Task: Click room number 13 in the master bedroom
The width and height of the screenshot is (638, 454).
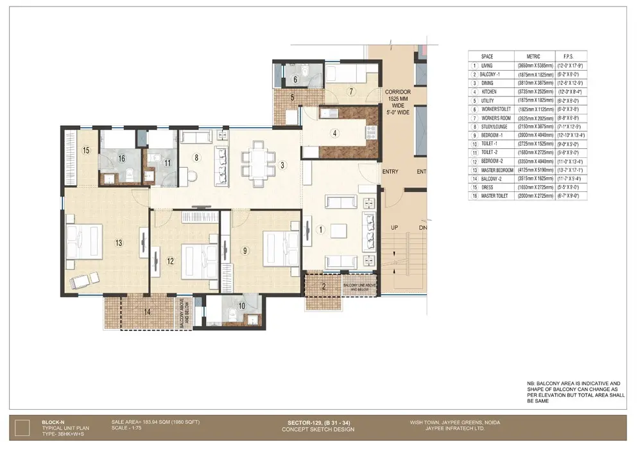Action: point(119,243)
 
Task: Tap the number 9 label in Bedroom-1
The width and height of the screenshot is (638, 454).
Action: point(245,251)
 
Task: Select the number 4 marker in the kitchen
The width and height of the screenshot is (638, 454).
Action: point(334,134)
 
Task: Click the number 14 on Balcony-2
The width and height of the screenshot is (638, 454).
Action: point(148,311)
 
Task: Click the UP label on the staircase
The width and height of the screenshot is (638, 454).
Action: point(396,228)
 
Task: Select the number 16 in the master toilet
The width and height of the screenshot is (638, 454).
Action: point(120,159)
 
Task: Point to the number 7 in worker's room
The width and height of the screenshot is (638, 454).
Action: point(351,91)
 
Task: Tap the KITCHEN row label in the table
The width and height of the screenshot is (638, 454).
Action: point(489,92)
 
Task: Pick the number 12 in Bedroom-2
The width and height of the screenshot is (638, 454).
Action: point(170,261)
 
